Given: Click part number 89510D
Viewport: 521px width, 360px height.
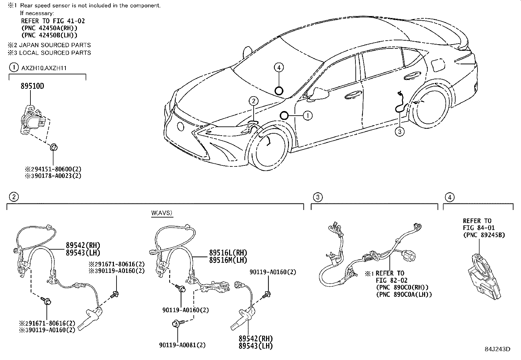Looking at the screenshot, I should click(x=32, y=86).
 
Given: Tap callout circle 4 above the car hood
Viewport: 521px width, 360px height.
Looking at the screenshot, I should click(x=278, y=68).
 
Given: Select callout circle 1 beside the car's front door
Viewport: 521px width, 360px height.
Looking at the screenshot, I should click(x=308, y=115).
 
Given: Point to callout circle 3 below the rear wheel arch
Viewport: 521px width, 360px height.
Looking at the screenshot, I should click(x=400, y=132).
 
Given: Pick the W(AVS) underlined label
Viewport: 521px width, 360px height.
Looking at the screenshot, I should click(x=162, y=213).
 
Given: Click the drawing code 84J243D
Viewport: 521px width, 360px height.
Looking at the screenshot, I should click(x=497, y=349).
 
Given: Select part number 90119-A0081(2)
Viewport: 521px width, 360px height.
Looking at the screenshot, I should click(x=182, y=345).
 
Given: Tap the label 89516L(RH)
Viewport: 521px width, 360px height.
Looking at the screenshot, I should click(x=228, y=253).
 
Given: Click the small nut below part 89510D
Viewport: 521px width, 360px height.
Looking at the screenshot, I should click(x=53, y=147).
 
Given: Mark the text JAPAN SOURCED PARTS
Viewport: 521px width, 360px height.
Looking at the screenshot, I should click(x=55, y=45).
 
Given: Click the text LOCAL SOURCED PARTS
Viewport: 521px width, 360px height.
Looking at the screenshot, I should click(x=55, y=53).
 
